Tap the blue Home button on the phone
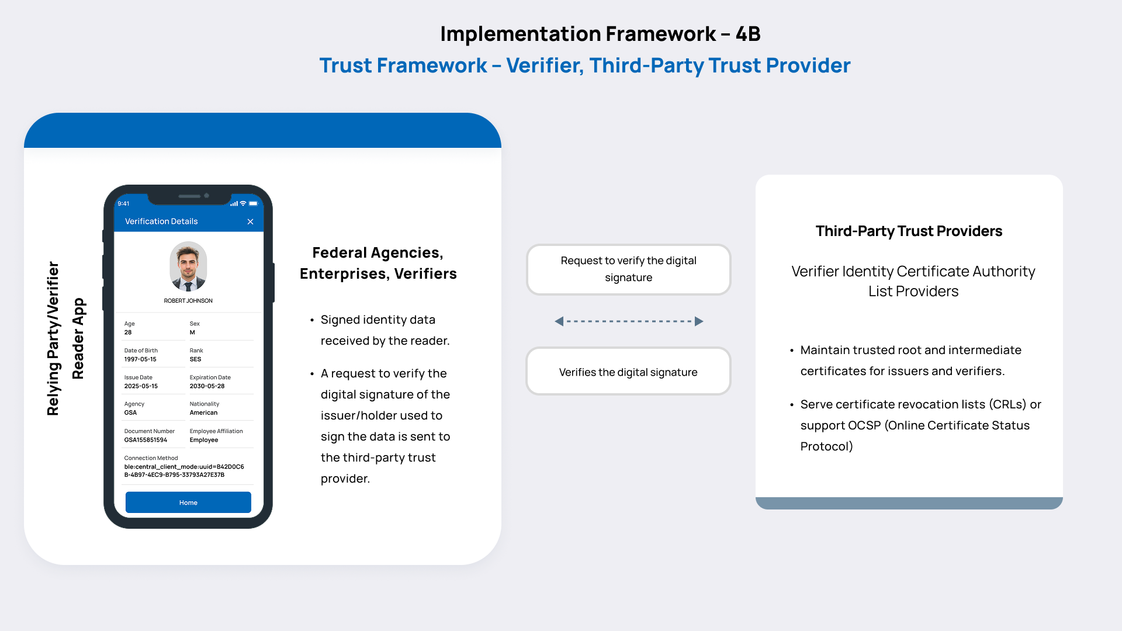tap(188, 502)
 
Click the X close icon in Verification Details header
tap(250, 221)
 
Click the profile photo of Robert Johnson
tap(188, 267)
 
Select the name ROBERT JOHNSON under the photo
tap(188, 301)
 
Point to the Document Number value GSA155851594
tap(146, 440)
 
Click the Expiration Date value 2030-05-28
tap(207, 386)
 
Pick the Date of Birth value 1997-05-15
tap(140, 359)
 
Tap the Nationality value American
tap(203, 412)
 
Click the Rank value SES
tap(195, 359)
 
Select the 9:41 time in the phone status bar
tap(123, 204)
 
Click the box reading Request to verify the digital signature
tap(628, 269)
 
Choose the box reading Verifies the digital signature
tap(628, 372)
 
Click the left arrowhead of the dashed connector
tap(559, 321)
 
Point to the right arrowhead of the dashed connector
tap(698, 321)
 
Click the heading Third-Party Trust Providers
tap(909, 231)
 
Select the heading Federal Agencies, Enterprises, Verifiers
tap(378, 264)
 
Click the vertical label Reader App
tap(78, 339)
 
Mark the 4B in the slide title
tap(747, 34)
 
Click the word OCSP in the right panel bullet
tap(864, 425)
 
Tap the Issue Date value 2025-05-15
tap(141, 386)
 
